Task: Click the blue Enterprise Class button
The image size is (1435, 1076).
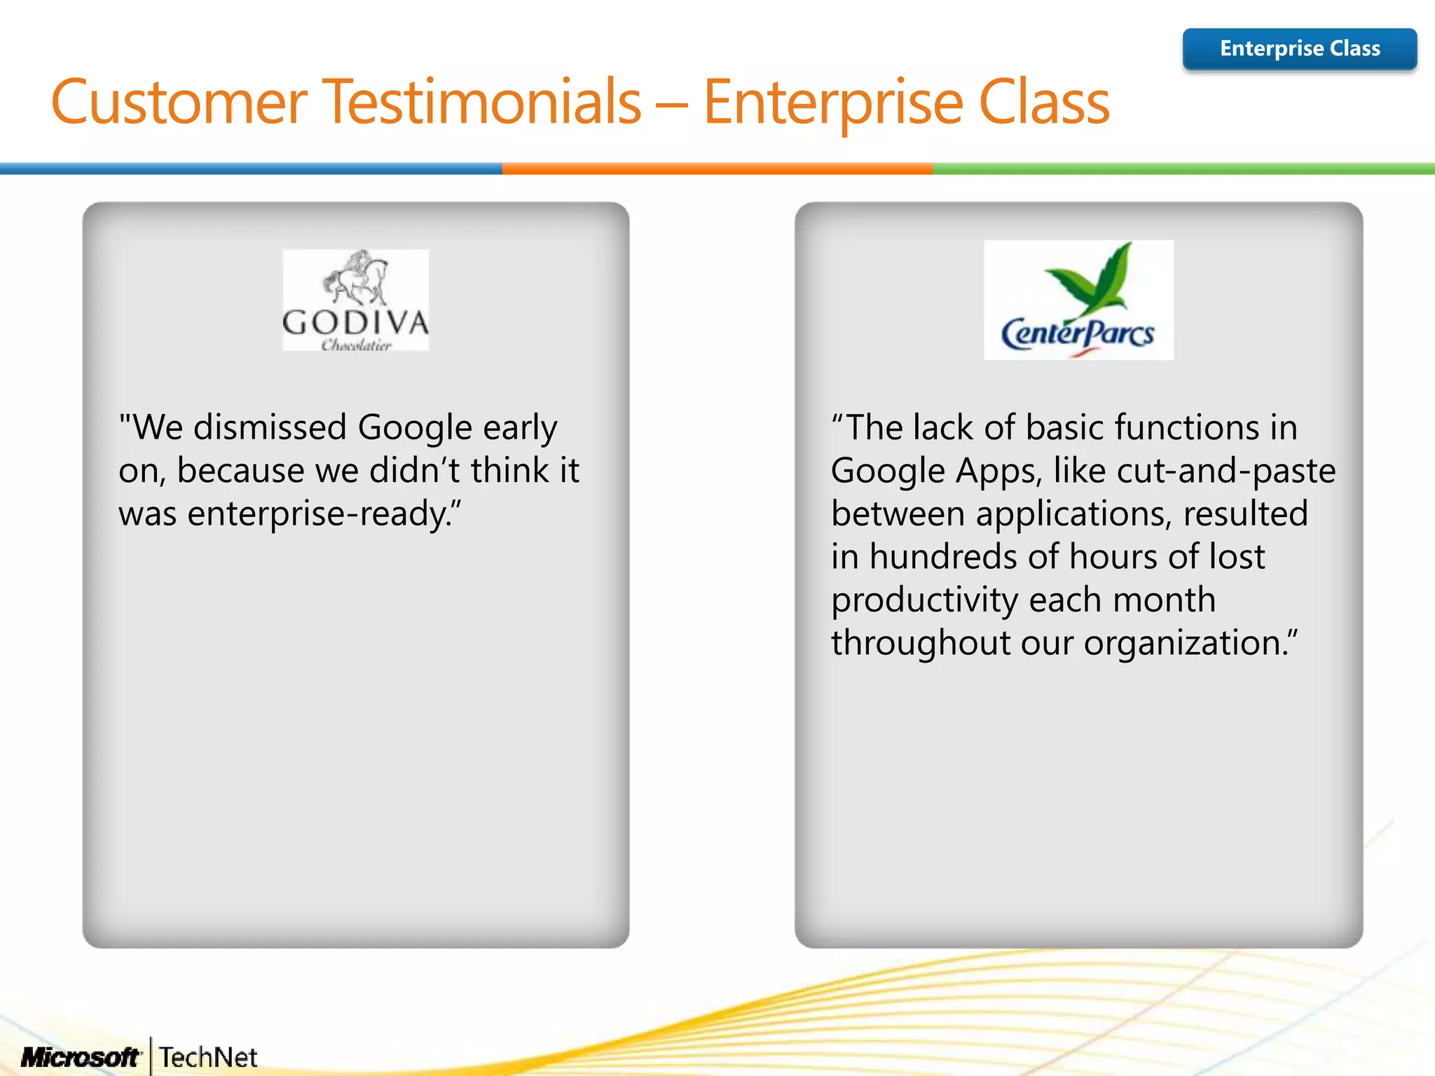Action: (x=1299, y=48)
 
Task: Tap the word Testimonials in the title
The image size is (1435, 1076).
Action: (x=483, y=102)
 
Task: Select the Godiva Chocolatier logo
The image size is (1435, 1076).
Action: (x=355, y=300)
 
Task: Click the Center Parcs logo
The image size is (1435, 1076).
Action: (x=1078, y=300)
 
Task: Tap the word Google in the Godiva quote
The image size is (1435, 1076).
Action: (x=415, y=427)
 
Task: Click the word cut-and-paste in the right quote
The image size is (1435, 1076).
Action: (x=1225, y=471)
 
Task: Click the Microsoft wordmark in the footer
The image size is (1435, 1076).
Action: (x=81, y=1057)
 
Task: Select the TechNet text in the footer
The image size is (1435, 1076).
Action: (x=208, y=1057)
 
